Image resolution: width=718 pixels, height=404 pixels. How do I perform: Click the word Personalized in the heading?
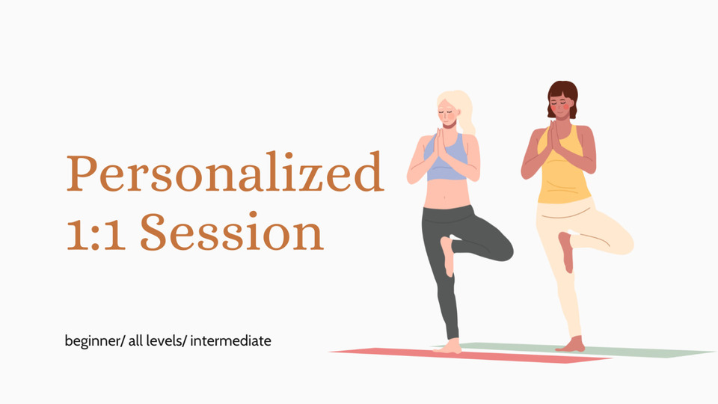coord(225,173)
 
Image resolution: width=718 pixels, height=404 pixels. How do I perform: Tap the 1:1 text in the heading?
coord(96,232)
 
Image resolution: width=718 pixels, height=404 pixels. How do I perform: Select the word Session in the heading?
coord(232,232)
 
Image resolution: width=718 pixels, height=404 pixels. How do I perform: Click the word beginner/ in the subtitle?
coord(94,341)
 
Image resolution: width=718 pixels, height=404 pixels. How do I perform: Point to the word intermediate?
coord(231,341)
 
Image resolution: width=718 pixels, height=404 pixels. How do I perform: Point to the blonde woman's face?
coord(448,115)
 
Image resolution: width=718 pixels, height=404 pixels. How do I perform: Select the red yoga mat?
coord(470,355)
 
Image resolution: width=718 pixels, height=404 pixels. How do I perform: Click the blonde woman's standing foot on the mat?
coord(449,347)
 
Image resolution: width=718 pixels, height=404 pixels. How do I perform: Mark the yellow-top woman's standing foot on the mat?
coord(571,344)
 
